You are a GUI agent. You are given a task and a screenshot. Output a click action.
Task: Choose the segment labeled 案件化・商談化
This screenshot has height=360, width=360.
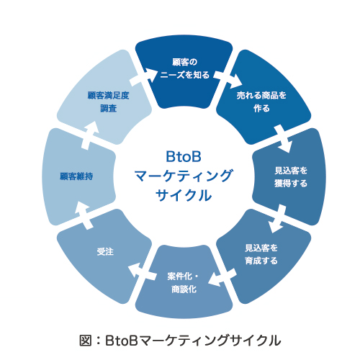186,283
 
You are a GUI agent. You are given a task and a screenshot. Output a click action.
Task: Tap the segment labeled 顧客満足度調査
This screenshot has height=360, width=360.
107,101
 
